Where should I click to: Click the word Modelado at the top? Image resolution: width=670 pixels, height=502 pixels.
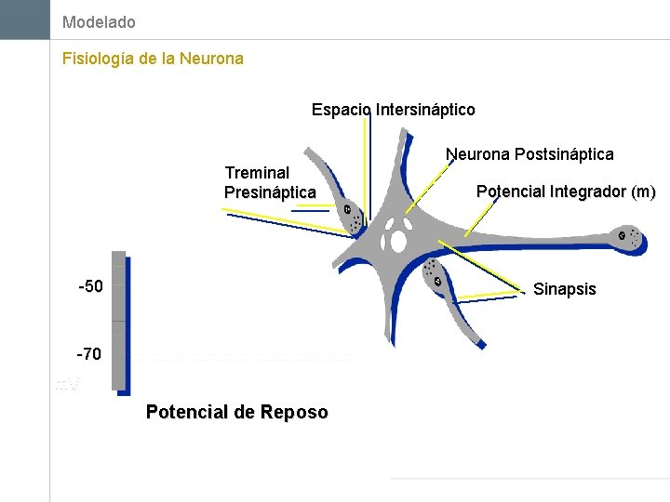99,21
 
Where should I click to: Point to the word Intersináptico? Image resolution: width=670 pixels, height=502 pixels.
425,110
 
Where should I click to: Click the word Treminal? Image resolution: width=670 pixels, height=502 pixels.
257,173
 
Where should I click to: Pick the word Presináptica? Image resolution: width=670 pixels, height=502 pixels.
270,192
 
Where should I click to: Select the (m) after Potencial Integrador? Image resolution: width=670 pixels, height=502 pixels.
643,192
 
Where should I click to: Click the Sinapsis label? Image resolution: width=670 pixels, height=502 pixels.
564,289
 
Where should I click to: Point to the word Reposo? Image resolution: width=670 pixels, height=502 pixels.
294,412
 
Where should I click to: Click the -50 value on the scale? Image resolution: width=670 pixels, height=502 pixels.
90,286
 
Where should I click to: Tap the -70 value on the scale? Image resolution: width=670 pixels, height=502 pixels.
90,354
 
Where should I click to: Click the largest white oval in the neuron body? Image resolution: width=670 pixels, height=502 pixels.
398,242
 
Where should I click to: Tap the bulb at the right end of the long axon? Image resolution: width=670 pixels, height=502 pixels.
627,238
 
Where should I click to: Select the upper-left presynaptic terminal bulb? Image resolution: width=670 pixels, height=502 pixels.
351,216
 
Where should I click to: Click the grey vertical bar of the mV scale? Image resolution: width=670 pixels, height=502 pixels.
118,321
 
